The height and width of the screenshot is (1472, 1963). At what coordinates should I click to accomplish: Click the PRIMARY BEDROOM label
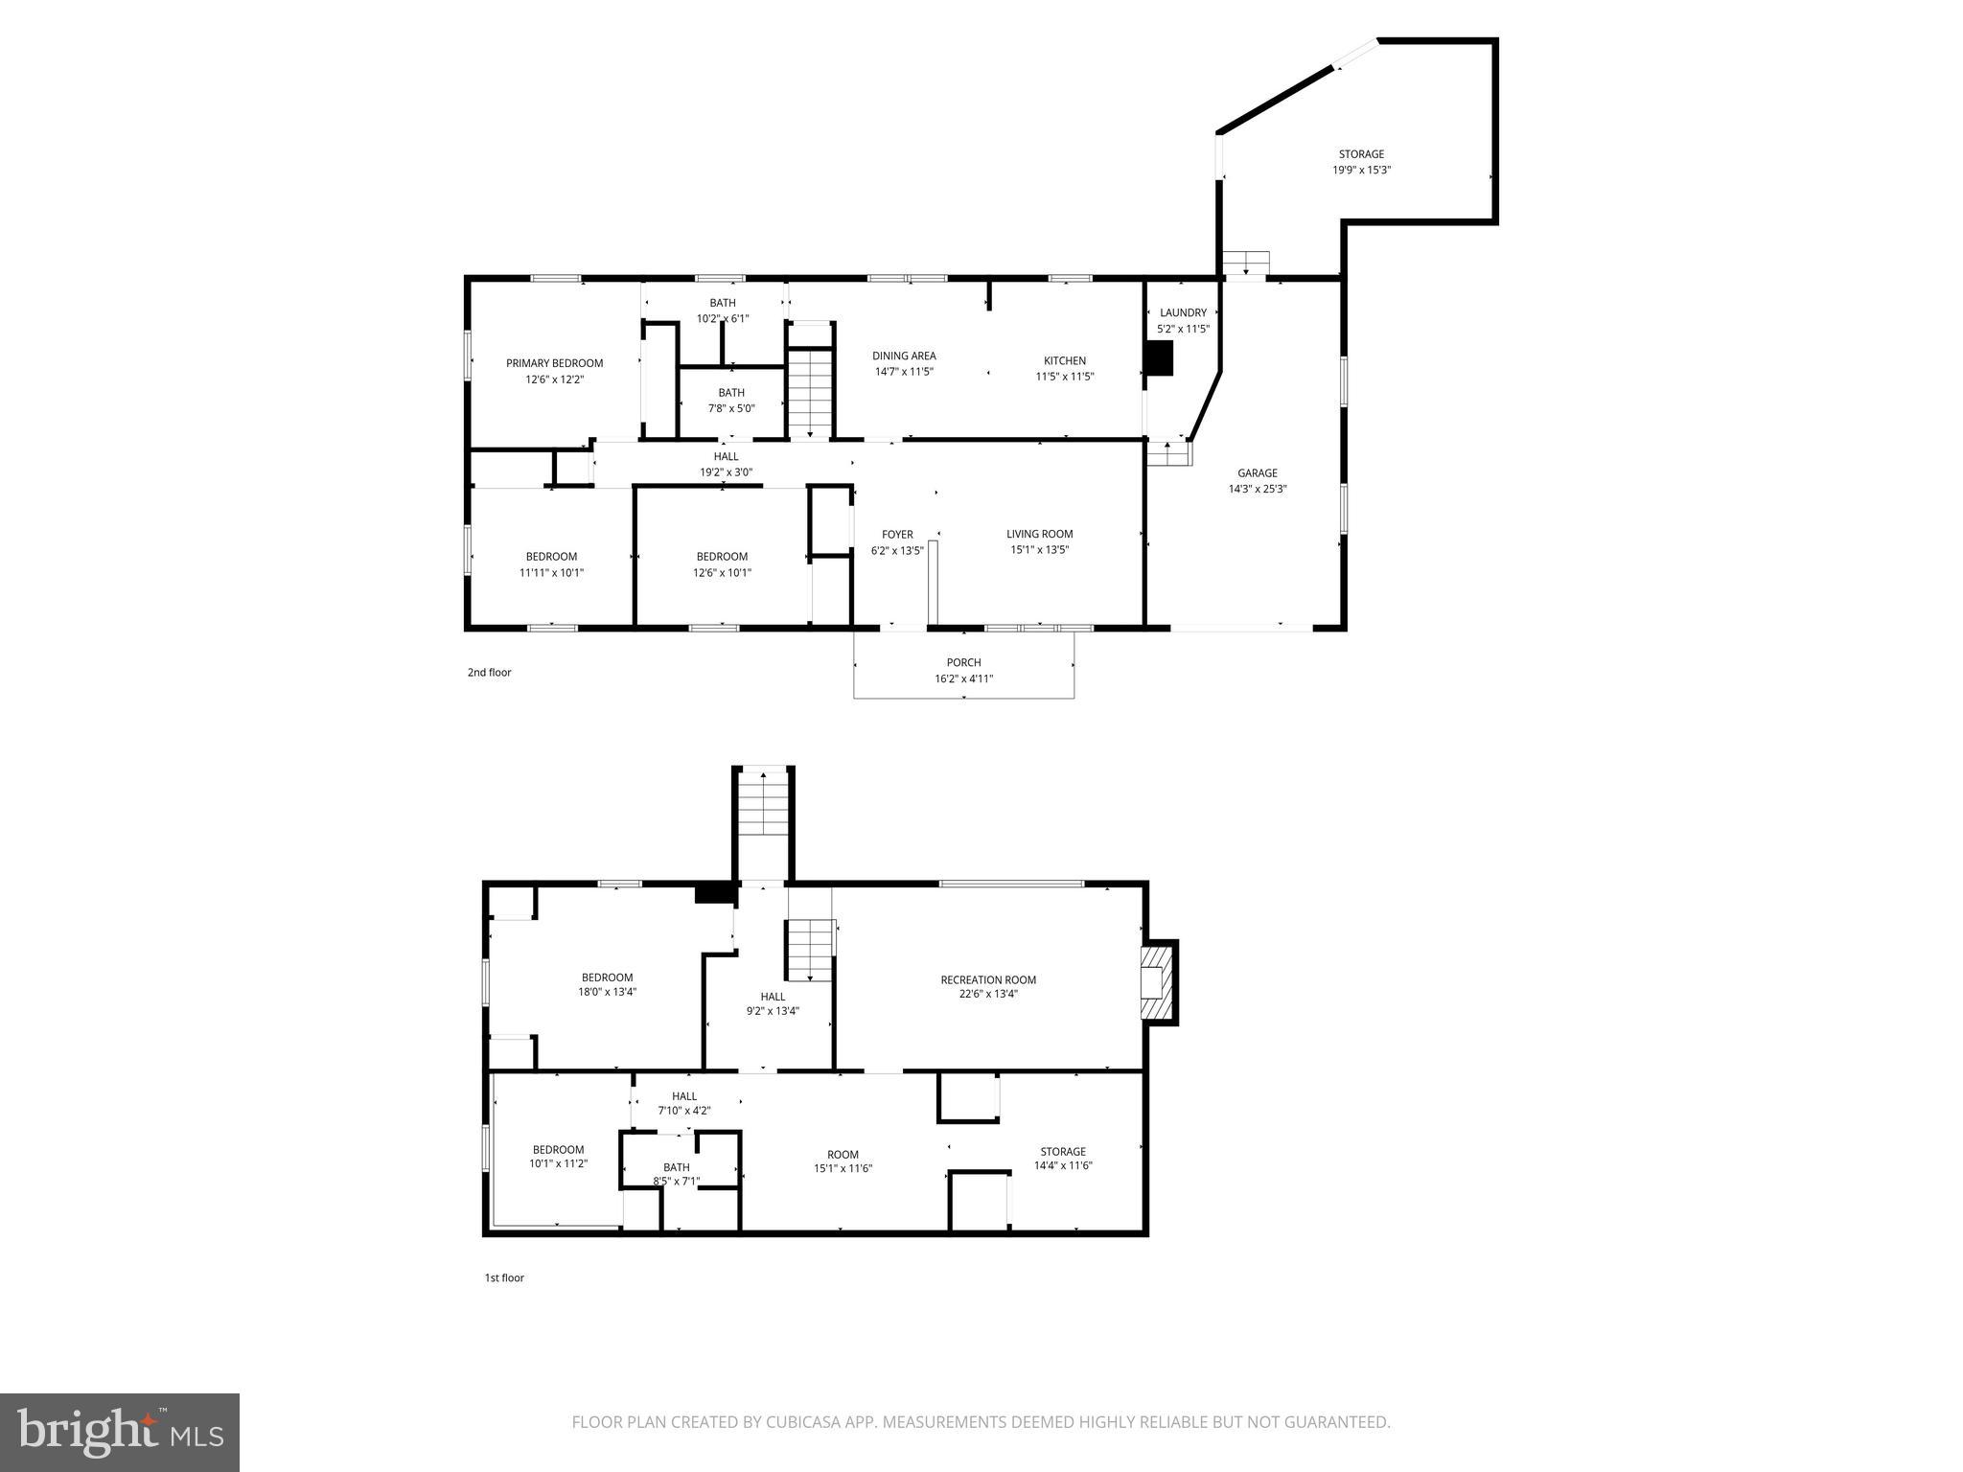pyautogui.click(x=554, y=363)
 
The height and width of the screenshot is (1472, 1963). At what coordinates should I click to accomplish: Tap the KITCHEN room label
pyautogui.click(x=1064, y=360)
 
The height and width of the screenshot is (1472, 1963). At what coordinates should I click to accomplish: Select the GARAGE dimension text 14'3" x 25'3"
pyautogui.click(x=1257, y=489)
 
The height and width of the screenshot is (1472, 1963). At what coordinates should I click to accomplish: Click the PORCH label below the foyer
pyautogui.click(x=963, y=662)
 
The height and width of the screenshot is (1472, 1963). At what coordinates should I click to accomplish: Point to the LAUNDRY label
pyautogui.click(x=1183, y=312)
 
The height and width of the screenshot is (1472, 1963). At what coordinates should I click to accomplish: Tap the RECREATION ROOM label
pyautogui.click(x=988, y=979)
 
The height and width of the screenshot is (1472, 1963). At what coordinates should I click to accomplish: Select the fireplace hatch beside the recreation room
pyautogui.click(x=1157, y=982)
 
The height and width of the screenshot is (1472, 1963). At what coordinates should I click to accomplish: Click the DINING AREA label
pyautogui.click(x=903, y=356)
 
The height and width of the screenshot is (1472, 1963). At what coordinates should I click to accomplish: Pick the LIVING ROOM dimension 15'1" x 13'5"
pyautogui.click(x=1039, y=550)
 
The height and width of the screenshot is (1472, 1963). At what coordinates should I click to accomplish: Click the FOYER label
pyautogui.click(x=897, y=535)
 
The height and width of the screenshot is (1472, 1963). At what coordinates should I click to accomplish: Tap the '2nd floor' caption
pyautogui.click(x=489, y=673)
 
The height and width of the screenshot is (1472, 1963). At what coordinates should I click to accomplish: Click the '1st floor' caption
pyautogui.click(x=504, y=1277)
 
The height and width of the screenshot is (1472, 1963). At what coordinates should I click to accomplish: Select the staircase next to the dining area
pyautogui.click(x=811, y=393)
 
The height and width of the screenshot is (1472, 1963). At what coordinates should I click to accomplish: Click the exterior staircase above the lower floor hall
pyautogui.click(x=763, y=805)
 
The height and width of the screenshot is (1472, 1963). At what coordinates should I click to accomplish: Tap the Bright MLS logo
pyautogui.click(x=120, y=1433)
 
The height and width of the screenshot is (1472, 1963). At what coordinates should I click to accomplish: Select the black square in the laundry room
pyautogui.click(x=1159, y=358)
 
